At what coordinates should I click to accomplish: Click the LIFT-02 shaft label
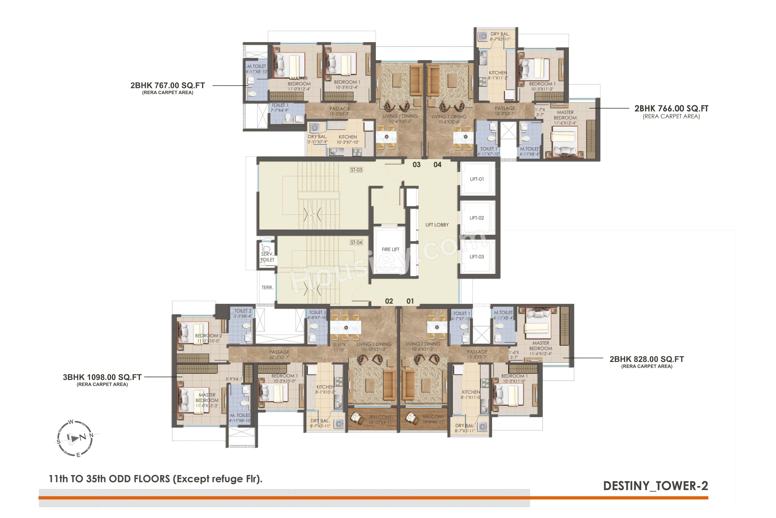click(x=476, y=218)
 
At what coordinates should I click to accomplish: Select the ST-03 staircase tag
click(x=356, y=170)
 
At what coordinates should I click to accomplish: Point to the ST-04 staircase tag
click(x=356, y=242)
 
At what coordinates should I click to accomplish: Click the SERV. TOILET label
click(x=267, y=257)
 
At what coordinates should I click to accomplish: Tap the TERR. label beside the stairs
click(x=267, y=287)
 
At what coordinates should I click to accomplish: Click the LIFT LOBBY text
click(x=437, y=225)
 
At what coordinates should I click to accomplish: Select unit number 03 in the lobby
click(x=416, y=164)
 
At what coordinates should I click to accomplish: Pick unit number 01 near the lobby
click(x=410, y=301)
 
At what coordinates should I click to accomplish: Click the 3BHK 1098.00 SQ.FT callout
click(x=102, y=377)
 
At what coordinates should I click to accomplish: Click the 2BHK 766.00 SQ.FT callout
click(x=671, y=108)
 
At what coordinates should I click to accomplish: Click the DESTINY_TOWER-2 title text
click(x=655, y=486)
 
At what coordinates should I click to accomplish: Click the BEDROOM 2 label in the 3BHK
click(x=208, y=336)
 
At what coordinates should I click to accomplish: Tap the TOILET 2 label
click(x=242, y=311)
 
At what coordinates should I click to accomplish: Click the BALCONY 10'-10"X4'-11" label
click(x=380, y=420)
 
